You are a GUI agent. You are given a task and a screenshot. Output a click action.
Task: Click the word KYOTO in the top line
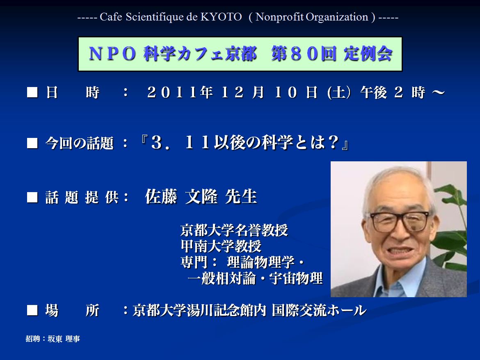point(221,17)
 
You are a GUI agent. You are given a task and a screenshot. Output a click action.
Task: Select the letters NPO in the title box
point(112,54)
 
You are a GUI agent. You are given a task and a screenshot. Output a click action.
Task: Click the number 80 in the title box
point(304,54)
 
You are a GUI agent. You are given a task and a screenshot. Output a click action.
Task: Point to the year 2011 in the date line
point(172,92)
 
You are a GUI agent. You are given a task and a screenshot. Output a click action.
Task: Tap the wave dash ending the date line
point(439,92)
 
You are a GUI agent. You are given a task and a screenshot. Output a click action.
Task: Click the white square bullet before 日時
point(32,92)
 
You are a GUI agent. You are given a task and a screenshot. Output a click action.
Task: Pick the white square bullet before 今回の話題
point(32,143)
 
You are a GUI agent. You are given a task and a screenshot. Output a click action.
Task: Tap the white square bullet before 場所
point(32,310)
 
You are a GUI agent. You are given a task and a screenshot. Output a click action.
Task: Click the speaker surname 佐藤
point(161,196)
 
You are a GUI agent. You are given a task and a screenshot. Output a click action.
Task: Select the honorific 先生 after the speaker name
point(241,196)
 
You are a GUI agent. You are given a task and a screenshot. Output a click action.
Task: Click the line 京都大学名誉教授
point(234,230)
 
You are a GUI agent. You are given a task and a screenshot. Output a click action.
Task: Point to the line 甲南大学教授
point(221,246)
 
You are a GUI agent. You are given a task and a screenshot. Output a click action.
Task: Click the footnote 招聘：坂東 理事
point(53,339)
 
